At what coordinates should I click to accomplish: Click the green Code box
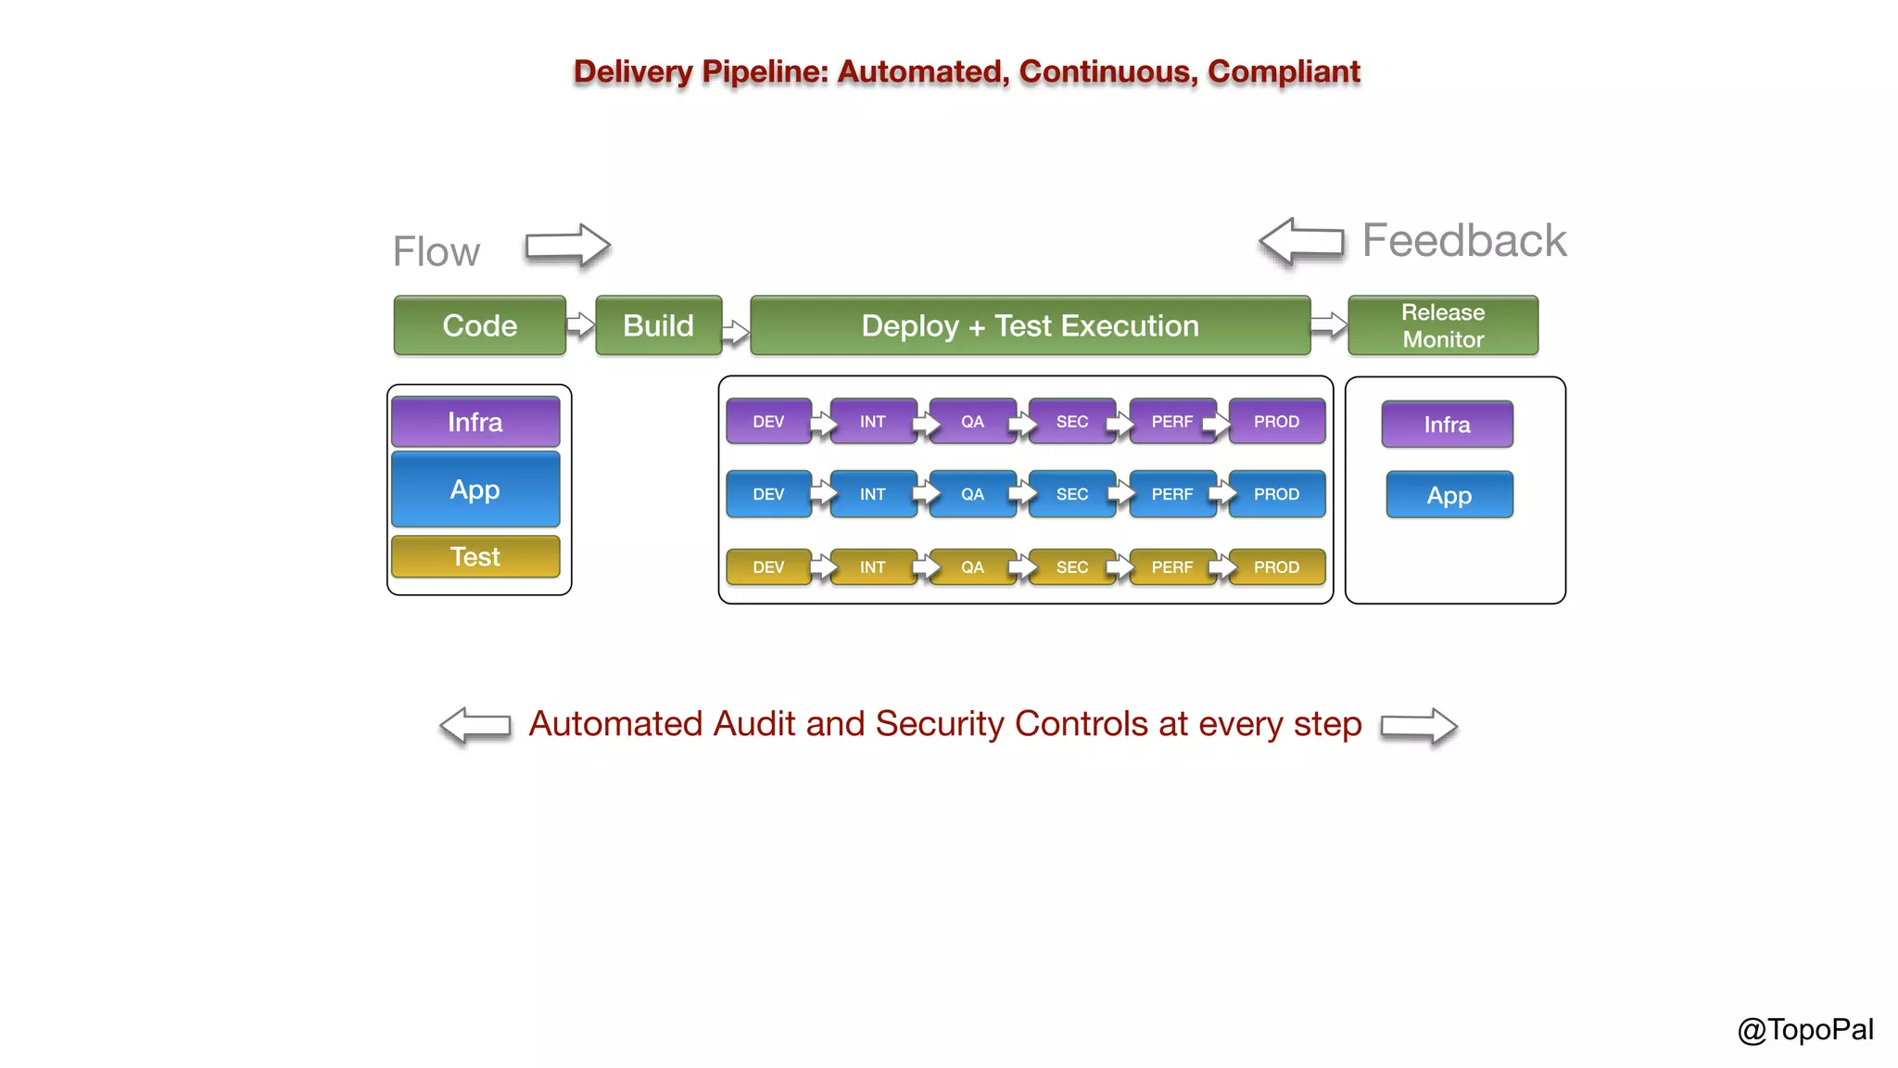click(x=479, y=325)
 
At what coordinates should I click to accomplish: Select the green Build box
click(x=658, y=325)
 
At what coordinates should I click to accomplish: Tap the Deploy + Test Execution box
click(x=1030, y=325)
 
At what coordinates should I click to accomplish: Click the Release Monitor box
click(x=1442, y=325)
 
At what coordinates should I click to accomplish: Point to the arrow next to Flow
click(x=567, y=246)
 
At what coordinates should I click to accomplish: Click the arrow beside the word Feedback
click(x=1301, y=241)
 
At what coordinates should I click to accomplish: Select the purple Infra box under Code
click(x=474, y=422)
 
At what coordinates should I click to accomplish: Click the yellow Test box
click(x=474, y=556)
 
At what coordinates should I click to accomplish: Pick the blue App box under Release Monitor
click(x=1449, y=495)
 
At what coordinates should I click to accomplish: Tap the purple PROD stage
click(x=1276, y=422)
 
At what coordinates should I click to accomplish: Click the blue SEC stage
click(x=1071, y=494)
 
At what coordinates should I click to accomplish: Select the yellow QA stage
click(x=971, y=566)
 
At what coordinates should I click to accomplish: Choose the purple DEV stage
click(x=767, y=422)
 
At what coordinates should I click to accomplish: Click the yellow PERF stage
click(x=1171, y=566)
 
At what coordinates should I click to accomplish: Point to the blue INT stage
click(x=872, y=494)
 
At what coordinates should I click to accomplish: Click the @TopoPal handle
click(x=1804, y=1029)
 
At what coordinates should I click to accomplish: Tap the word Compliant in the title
click(x=1284, y=71)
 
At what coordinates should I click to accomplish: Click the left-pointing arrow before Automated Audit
click(x=475, y=725)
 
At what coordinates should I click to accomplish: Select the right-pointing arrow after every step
click(x=1418, y=726)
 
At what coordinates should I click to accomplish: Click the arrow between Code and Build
click(x=580, y=324)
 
